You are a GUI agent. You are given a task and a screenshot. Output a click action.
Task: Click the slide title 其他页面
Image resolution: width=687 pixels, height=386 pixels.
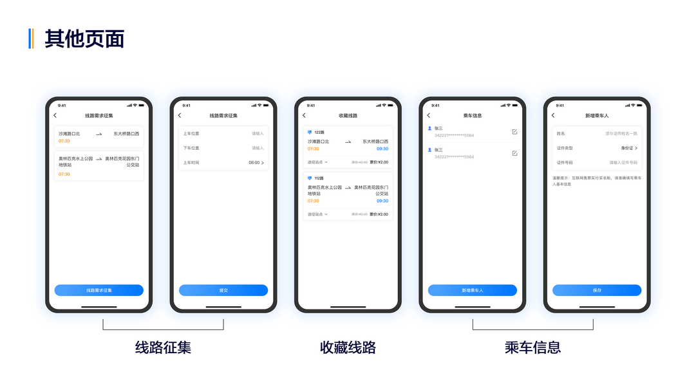point(84,39)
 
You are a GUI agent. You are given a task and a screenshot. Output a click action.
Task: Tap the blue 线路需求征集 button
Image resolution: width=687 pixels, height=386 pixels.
point(99,290)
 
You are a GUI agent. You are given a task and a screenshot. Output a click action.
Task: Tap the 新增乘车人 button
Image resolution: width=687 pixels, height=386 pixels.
point(472,290)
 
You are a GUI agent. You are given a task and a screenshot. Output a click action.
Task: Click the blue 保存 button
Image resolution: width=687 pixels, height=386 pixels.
point(597,290)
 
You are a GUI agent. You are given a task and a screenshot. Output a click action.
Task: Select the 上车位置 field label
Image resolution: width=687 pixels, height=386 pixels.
point(191,134)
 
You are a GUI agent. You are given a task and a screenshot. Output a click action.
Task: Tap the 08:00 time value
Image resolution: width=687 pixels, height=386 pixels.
point(254,163)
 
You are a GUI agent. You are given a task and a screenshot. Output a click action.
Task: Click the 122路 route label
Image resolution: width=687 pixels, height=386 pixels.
point(319,132)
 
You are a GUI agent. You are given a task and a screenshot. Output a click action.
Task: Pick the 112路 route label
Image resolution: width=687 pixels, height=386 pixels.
point(319,178)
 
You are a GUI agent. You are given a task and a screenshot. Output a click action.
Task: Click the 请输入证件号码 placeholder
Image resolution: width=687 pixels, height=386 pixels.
point(623,163)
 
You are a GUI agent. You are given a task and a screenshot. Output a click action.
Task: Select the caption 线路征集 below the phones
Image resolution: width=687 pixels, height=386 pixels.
point(163,347)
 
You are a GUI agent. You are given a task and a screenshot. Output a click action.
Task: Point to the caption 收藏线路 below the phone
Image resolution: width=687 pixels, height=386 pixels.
point(348,347)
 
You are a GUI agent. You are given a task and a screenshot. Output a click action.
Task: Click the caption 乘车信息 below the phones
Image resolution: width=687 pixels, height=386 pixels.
point(532,347)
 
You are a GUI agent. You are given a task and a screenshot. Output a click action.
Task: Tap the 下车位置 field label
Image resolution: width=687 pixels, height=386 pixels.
point(191,148)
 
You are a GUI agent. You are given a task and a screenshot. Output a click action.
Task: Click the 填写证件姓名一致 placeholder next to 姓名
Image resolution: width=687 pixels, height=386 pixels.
point(621,134)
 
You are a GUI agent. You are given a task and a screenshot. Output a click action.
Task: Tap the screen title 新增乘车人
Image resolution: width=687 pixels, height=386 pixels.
point(597,116)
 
